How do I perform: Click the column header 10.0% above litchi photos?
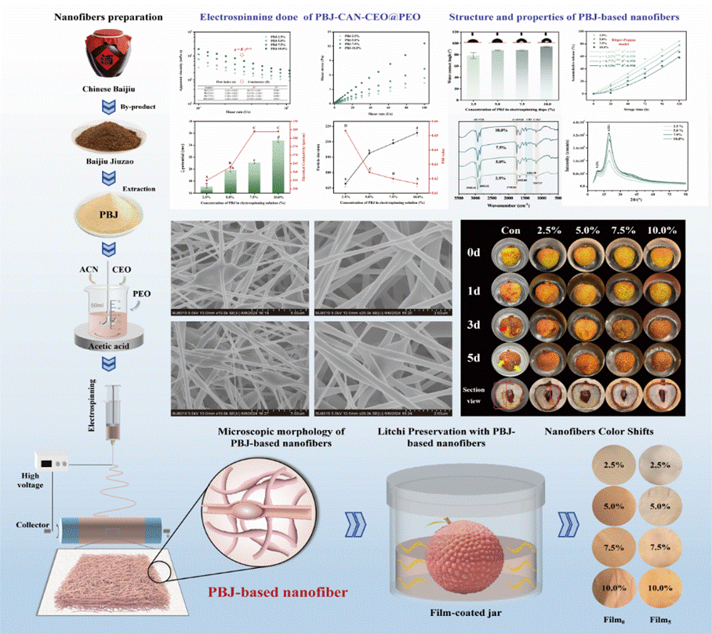[x=663, y=231]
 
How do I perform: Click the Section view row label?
[x=474, y=396]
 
